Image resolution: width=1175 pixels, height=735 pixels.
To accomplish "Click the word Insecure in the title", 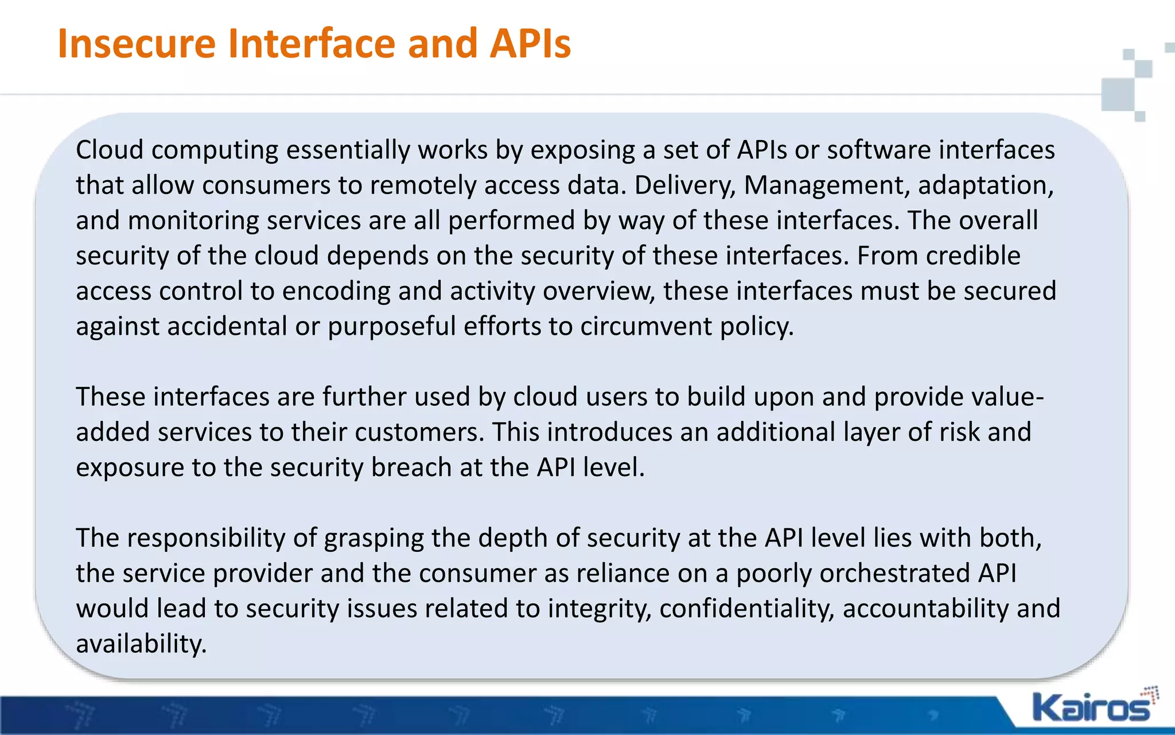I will click(137, 44).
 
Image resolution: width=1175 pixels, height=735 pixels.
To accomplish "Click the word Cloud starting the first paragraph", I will click(110, 150).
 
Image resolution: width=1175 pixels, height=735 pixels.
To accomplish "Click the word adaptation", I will click(986, 185).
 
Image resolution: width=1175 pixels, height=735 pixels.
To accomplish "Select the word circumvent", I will click(646, 327).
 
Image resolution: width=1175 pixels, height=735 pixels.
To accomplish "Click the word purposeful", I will click(391, 327).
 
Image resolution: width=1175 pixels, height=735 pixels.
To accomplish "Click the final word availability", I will click(141, 644).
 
